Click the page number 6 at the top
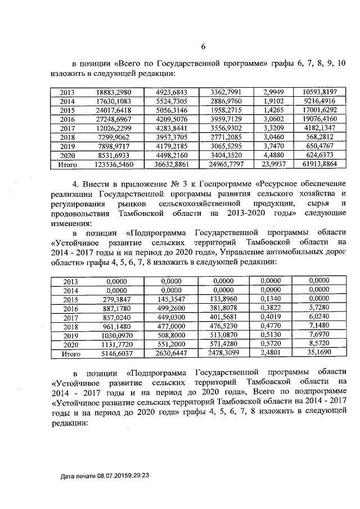coord(204,47)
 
